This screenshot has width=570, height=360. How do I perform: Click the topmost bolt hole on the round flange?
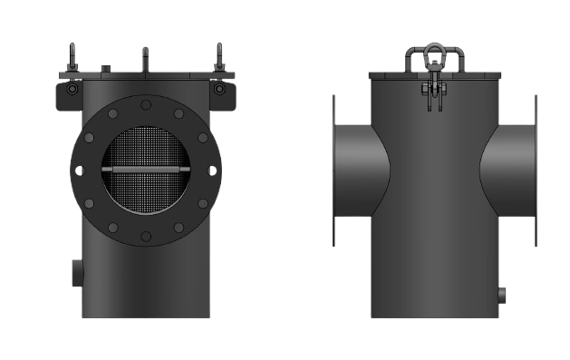click(x=146, y=105)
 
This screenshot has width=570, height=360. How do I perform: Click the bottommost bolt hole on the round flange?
click(x=146, y=236)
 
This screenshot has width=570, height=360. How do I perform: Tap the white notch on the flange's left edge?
click(x=80, y=170)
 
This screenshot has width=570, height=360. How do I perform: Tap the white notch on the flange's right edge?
click(x=213, y=170)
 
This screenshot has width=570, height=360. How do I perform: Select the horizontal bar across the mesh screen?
click(x=146, y=170)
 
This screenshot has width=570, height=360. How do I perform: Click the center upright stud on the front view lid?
click(x=145, y=60)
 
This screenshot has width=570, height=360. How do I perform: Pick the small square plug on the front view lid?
click(x=107, y=67)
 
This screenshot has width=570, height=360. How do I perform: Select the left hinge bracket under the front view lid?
click(x=70, y=93)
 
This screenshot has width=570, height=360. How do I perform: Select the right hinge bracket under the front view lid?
click(x=219, y=93)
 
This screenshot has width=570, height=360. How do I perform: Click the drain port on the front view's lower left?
click(x=77, y=272)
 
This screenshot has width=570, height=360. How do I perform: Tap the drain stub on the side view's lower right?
click(x=502, y=294)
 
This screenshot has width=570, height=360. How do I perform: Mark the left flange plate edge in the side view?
click(x=334, y=170)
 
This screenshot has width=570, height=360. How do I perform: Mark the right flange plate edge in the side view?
click(x=536, y=170)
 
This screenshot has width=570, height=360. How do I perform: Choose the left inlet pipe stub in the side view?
click(x=358, y=170)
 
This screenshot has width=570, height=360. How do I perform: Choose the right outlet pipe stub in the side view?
click(x=509, y=170)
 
